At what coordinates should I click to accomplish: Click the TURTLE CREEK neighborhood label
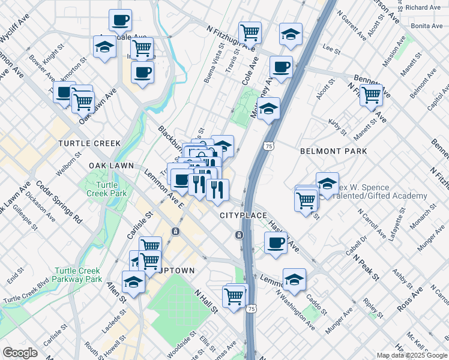click(x=89, y=143)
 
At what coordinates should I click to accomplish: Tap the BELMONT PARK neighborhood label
click(x=333, y=152)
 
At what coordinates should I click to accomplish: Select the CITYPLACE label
click(x=242, y=215)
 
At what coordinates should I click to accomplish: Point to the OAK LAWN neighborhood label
click(x=114, y=165)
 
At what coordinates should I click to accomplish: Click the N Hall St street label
click(x=205, y=299)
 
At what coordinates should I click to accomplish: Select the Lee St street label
click(x=328, y=46)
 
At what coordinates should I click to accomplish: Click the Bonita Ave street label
click(x=426, y=26)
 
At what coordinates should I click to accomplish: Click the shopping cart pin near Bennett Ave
click(x=372, y=94)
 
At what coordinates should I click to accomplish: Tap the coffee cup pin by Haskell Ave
click(x=276, y=243)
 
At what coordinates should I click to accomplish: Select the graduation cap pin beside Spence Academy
click(x=327, y=183)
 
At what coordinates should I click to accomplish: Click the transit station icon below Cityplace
click(x=239, y=234)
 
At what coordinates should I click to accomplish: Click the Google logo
click(x=20, y=353)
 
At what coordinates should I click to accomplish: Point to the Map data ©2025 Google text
click(x=412, y=355)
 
